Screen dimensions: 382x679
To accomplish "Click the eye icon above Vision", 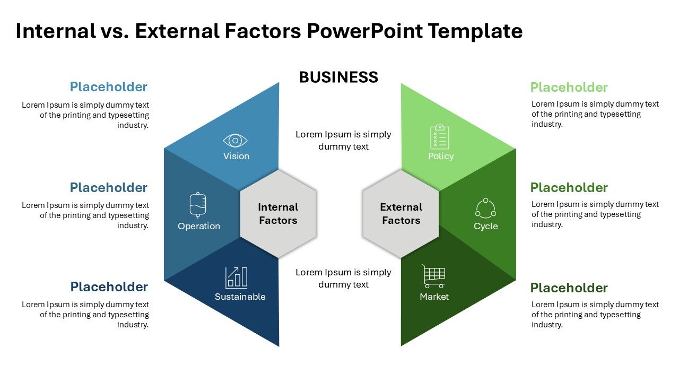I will [236, 141].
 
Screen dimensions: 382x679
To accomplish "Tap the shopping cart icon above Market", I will [434, 276].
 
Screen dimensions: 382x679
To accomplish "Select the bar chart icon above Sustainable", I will [237, 277].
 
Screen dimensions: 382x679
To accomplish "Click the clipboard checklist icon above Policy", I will [440, 137].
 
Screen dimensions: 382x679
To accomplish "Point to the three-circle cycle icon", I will [485, 208].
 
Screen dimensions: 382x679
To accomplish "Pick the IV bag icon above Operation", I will [198, 205].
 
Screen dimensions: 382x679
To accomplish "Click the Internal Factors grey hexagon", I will [278, 214].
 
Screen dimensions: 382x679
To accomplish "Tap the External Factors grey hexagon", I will [401, 214].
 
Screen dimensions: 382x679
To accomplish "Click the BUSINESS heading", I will [338, 77].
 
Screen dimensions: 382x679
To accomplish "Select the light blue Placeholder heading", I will [109, 87].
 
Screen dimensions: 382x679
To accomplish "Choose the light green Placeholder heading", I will [569, 88].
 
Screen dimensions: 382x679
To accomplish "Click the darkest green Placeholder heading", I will [569, 288].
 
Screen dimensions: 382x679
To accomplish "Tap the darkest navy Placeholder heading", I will [109, 287].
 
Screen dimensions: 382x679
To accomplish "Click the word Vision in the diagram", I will [236, 156].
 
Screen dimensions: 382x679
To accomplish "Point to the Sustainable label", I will [240, 297].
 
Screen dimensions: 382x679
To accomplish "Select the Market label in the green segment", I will [434, 297].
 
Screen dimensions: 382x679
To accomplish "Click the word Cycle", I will [485, 226].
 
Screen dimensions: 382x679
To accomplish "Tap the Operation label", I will [199, 226].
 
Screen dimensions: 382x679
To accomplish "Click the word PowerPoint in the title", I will [365, 31].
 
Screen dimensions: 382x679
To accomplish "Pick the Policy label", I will [441, 156].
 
